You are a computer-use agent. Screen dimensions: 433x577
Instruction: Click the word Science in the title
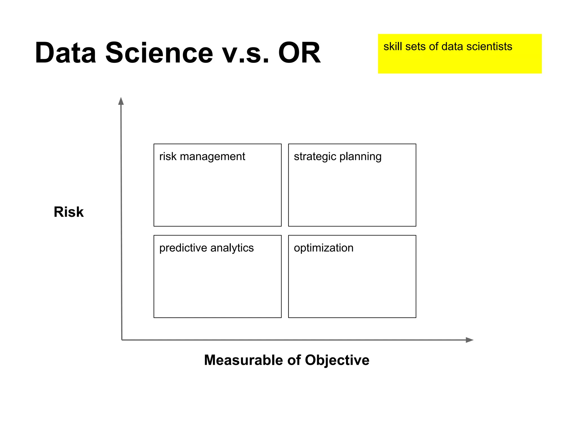159,53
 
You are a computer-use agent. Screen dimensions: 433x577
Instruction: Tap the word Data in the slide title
65,53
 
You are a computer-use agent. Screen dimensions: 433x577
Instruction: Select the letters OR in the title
299,53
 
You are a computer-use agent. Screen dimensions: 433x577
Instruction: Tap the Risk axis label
68,212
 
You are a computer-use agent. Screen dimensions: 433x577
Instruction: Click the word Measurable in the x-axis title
244,360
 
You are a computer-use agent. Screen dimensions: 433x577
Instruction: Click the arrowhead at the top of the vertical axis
121,101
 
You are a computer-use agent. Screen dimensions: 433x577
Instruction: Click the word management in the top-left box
212,156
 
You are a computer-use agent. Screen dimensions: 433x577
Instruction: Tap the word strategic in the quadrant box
315,157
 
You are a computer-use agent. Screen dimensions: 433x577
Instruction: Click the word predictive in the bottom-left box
183,248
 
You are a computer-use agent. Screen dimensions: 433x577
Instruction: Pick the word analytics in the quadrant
232,248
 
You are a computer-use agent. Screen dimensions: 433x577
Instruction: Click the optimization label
323,248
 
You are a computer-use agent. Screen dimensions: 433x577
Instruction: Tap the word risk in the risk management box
168,156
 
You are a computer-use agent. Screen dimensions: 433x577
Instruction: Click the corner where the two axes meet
122,340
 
